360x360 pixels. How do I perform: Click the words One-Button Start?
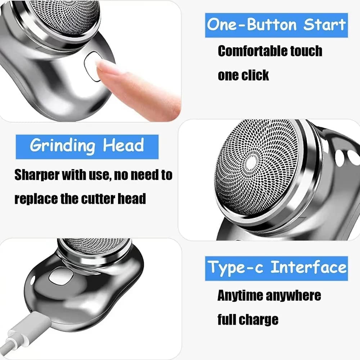coord(276,25)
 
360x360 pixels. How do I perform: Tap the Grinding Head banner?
coord(87,146)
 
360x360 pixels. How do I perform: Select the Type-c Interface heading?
coord(276,268)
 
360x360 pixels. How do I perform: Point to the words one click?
coord(243,75)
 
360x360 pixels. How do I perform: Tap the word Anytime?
coord(240,296)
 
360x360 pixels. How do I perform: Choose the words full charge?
coord(248,319)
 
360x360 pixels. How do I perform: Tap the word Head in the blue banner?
coord(123,146)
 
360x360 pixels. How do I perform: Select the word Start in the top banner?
coord(324,25)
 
